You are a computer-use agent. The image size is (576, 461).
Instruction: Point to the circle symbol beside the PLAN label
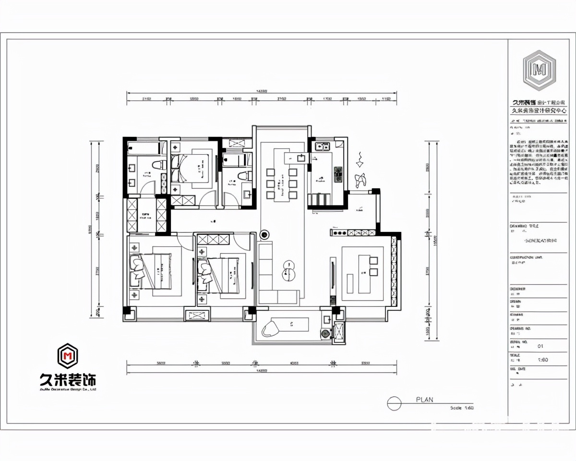394,404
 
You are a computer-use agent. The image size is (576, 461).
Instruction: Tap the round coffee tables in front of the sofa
289,269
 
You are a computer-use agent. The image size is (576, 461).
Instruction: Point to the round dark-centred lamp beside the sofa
264,235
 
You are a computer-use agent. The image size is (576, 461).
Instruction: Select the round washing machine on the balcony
326,333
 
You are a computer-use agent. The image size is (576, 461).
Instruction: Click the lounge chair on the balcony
271,328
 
